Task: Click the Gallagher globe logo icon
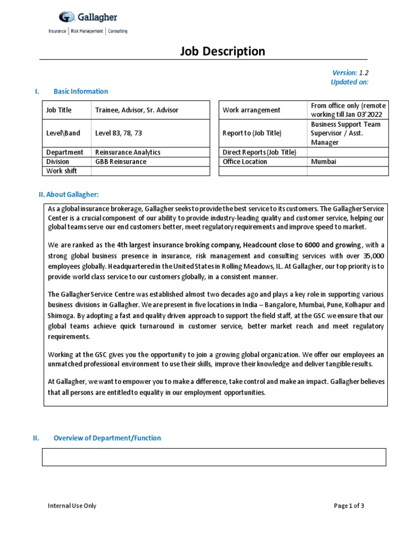66,18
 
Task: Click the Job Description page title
223,51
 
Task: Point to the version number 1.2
364,73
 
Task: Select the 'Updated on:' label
349,82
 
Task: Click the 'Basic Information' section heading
81,91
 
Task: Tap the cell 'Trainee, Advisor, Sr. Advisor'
137,110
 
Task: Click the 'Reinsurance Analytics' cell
127,152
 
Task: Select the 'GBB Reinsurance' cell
120,161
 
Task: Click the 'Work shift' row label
61,170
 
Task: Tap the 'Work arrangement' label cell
251,110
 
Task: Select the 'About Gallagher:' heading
68,195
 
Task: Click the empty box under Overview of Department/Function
214,457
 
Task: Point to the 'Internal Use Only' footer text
72,505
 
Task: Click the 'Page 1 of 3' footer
349,505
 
